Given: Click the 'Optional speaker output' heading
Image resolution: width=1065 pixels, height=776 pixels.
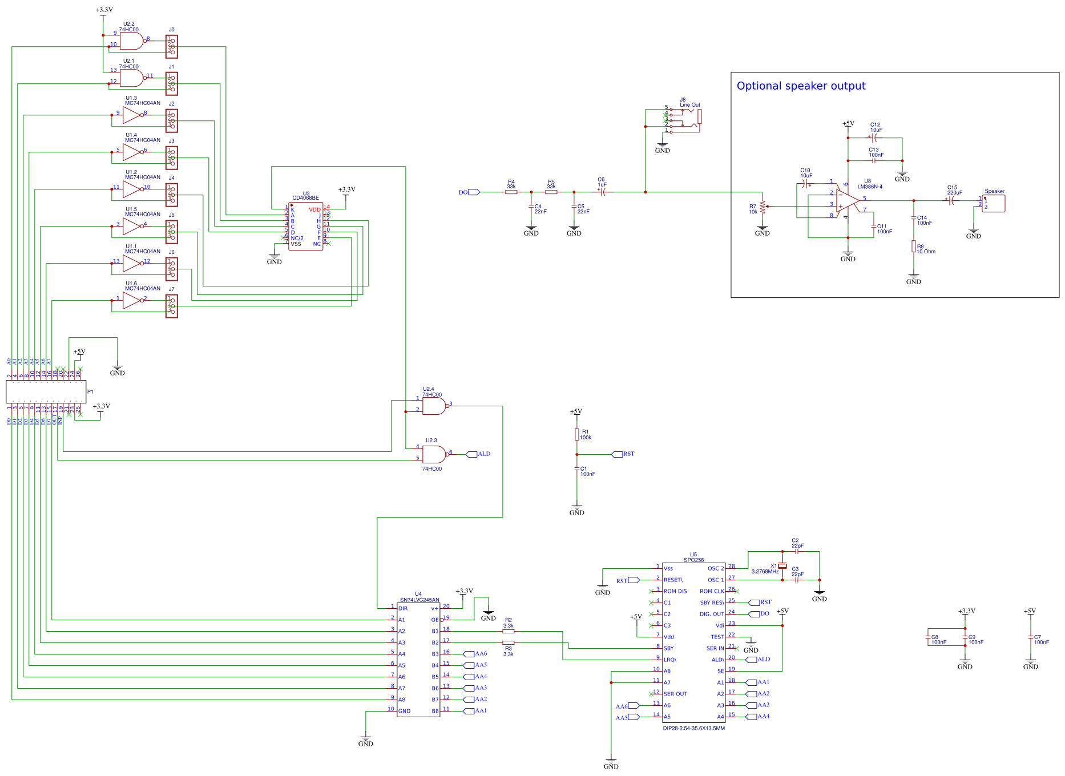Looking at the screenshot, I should pyautogui.click(x=801, y=86).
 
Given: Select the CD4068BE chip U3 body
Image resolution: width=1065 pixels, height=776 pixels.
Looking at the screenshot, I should pyautogui.click(x=306, y=227).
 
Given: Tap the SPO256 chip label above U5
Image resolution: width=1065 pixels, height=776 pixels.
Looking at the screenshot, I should pyautogui.click(x=693, y=560).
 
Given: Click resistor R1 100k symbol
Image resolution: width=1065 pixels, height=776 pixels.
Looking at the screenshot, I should pyautogui.click(x=577, y=435).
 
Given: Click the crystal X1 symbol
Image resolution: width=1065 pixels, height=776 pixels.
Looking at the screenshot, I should pyautogui.click(x=782, y=565).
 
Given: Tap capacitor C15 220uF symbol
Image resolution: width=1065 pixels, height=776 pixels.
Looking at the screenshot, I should pyautogui.click(x=951, y=200).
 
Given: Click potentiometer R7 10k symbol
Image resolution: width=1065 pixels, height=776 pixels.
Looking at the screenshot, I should pyautogui.click(x=763, y=209).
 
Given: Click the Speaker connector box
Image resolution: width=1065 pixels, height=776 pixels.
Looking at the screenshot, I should pyautogui.click(x=994, y=204).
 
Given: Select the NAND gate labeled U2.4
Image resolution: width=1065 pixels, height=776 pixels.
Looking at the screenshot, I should pyautogui.click(x=434, y=406).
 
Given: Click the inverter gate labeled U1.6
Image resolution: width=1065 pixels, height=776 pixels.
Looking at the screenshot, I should pyautogui.click(x=132, y=301).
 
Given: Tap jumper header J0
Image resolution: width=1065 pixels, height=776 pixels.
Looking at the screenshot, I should pyautogui.click(x=171, y=47).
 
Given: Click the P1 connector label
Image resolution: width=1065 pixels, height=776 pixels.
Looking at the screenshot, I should pyautogui.click(x=90, y=392).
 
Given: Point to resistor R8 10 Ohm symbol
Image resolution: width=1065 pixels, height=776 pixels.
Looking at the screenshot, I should pyautogui.click(x=914, y=246).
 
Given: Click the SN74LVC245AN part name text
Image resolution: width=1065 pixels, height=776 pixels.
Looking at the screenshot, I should pyautogui.click(x=419, y=600).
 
